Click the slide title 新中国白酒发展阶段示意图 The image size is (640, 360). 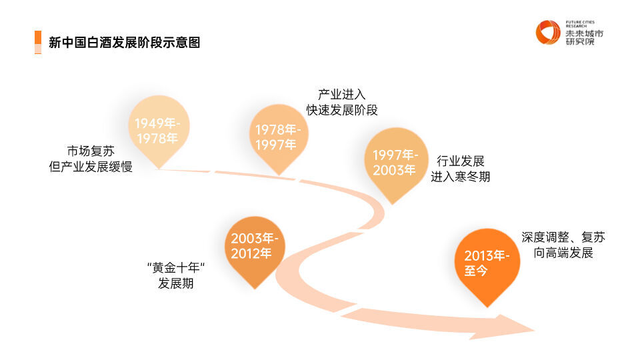[125, 43]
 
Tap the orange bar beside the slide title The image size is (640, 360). [37, 42]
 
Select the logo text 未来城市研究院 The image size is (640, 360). [583, 37]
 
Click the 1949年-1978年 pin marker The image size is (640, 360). [157, 131]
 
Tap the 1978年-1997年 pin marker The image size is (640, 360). [277, 137]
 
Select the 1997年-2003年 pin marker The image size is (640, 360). [394, 163]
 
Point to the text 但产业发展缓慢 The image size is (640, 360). [91, 167]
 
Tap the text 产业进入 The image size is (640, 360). [341, 94]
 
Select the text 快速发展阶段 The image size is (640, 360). [342, 110]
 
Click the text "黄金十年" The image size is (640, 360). [175, 268]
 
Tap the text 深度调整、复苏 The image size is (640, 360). [563, 237]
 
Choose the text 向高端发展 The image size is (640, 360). [563, 253]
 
